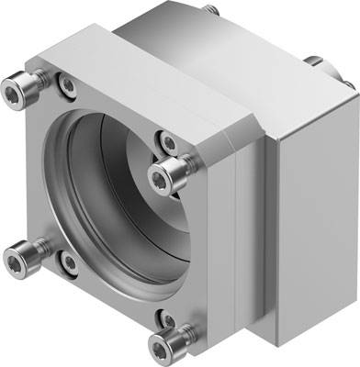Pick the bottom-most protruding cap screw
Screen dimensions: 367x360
[x=167, y=347]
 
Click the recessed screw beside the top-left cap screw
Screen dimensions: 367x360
[x=66, y=85]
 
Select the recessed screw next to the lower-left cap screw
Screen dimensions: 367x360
[x=68, y=263]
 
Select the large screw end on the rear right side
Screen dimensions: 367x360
[x=315, y=64]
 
